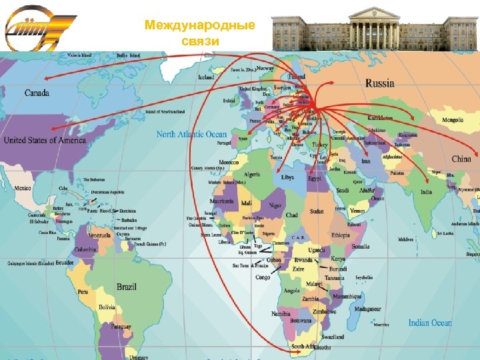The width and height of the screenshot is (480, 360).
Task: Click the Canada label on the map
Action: pos(37,93)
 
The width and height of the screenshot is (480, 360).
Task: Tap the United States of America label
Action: pos(45,140)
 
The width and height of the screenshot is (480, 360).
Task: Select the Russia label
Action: pos(379,84)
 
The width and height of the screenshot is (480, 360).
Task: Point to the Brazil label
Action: pos(126,287)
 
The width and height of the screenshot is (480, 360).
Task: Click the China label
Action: pos(461,159)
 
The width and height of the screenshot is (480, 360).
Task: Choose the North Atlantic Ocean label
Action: pos(191,134)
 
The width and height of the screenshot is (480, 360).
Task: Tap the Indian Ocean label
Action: pos(429,323)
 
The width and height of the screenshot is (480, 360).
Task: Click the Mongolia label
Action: pos(453,120)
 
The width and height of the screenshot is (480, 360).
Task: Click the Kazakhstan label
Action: pos(381,117)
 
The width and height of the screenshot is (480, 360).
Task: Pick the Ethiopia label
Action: pos(340,235)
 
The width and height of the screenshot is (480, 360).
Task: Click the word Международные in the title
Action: pos(200,26)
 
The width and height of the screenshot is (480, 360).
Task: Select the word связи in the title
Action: pos(199,41)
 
